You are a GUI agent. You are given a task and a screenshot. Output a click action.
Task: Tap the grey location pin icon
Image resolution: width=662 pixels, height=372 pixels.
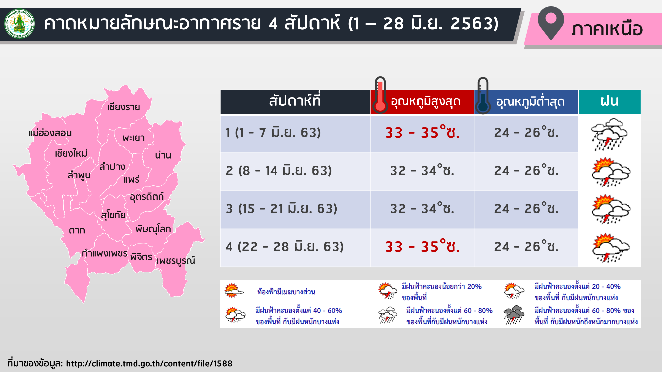pos(551,23)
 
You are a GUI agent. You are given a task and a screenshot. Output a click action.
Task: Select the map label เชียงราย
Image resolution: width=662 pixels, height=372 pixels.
pos(124,107)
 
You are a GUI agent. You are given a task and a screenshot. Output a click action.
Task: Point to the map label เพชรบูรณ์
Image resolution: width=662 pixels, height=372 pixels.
pos(176,261)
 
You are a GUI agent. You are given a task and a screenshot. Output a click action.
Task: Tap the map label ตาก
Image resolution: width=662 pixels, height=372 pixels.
pos(77,230)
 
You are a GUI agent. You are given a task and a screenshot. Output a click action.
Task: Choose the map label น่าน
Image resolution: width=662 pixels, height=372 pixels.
pos(163,155)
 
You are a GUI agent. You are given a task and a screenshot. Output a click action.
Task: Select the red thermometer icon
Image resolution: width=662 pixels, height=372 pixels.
pos(380,95)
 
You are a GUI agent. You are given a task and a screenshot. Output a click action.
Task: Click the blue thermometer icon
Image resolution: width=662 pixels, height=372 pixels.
pos(483,96)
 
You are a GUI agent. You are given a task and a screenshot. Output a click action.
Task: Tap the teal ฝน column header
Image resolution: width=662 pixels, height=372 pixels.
pos(609,102)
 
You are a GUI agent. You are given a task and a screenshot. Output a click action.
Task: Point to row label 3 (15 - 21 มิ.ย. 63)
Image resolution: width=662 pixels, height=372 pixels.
pos(281,209)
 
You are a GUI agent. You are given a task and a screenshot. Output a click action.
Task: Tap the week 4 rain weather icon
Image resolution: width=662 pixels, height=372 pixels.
pos(611,248)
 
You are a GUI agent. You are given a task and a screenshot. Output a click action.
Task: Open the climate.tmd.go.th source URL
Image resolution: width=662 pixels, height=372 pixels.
pos(149,363)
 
